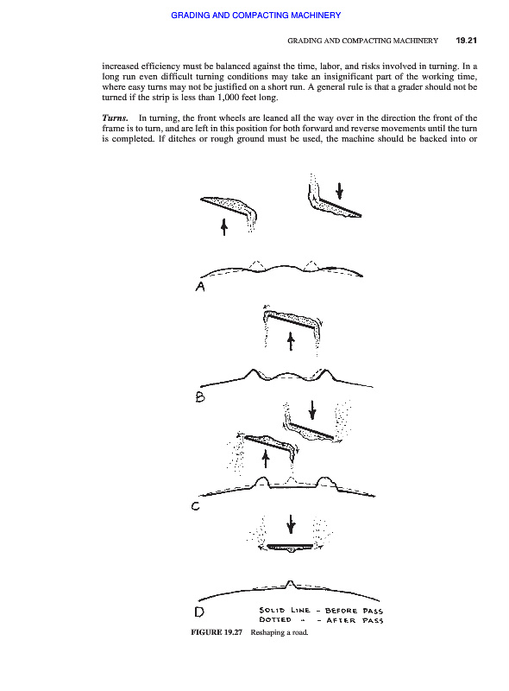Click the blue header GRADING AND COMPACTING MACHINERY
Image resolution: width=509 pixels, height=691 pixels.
click(x=256, y=16)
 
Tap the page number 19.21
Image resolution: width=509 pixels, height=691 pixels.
click(x=466, y=41)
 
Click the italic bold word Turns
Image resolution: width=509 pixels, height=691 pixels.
click(x=115, y=118)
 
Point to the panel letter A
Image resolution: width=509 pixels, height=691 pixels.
click(x=200, y=287)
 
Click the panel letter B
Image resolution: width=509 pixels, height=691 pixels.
click(x=200, y=396)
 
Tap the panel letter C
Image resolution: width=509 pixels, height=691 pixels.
click(x=196, y=506)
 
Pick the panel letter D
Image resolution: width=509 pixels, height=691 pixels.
click(x=199, y=612)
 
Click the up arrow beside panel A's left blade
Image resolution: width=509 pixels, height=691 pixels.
click(x=224, y=226)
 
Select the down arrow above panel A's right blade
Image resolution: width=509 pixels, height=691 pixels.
click(x=340, y=190)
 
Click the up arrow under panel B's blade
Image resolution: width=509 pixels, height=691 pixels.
click(x=291, y=341)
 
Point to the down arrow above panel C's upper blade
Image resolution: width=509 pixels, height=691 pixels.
click(x=312, y=409)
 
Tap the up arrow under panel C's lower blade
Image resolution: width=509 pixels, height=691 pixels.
click(x=266, y=459)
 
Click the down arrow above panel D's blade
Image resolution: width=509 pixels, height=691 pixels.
click(x=291, y=523)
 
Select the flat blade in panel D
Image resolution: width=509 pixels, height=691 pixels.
click(x=290, y=547)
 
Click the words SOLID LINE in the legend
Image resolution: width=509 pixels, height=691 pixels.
click(x=285, y=611)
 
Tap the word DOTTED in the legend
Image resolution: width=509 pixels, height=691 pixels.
click(x=275, y=619)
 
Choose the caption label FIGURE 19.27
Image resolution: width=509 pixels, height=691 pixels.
click(x=217, y=632)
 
